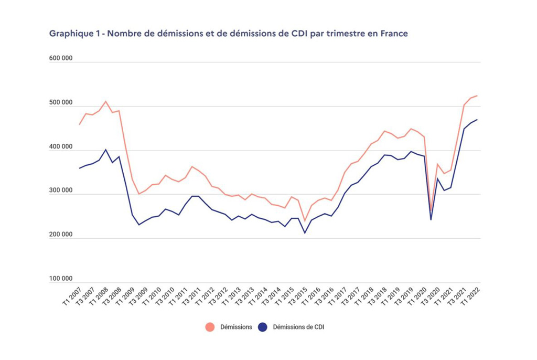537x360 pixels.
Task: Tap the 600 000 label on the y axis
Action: coord(61,59)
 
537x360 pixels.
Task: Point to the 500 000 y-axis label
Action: coord(61,103)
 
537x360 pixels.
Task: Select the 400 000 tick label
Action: coord(61,147)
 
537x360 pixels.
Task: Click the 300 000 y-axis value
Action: coord(61,191)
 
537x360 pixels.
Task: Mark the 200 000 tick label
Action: coord(61,235)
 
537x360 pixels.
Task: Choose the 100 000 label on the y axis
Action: coord(61,279)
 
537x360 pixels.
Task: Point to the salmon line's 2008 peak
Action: coord(105,101)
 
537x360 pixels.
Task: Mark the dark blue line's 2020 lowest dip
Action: coord(431,219)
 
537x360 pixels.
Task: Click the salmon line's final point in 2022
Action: coord(477,96)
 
